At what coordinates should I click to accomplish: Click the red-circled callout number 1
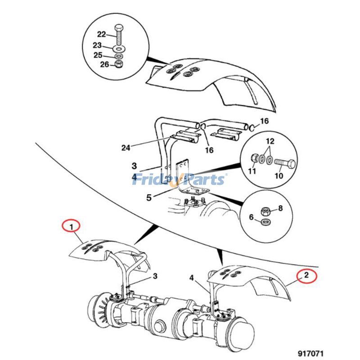(x=71, y=227)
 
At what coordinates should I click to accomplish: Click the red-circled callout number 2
(x=306, y=275)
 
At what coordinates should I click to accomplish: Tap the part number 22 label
(x=101, y=35)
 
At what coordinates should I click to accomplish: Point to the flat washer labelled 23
(x=119, y=49)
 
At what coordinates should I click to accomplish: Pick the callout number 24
(x=126, y=148)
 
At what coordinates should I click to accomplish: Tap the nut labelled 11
(x=254, y=158)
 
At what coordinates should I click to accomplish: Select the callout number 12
(x=270, y=141)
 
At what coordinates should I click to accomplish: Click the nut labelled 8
(x=265, y=211)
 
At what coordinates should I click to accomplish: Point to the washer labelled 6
(x=266, y=222)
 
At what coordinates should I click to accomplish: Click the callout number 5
(x=149, y=198)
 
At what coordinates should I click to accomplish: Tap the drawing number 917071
(x=310, y=353)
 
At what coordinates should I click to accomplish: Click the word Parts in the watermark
(x=203, y=180)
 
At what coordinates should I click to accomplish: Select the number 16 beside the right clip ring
(x=265, y=121)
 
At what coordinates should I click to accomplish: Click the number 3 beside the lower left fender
(x=155, y=276)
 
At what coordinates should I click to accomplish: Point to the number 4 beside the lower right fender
(x=192, y=278)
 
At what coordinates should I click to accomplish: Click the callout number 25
(x=98, y=55)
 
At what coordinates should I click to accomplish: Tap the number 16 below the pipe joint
(x=209, y=150)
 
